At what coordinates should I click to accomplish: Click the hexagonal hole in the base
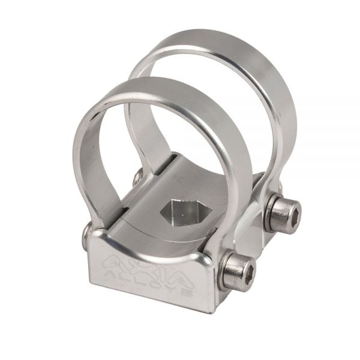184,214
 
